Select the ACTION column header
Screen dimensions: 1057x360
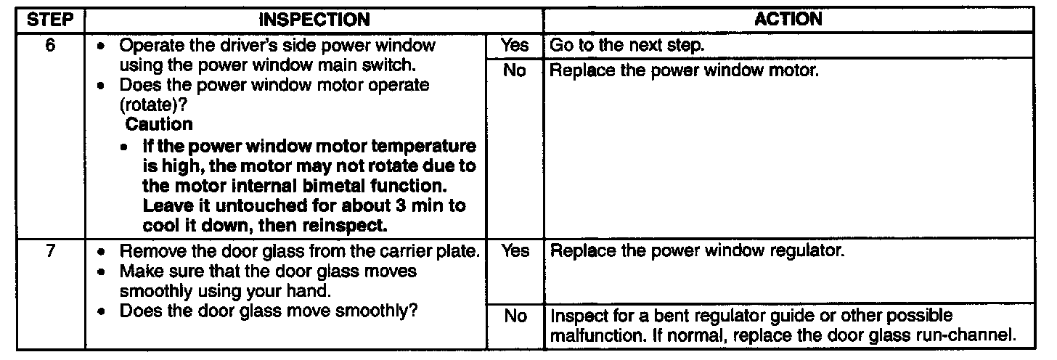coord(788,20)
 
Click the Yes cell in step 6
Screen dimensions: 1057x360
coord(515,45)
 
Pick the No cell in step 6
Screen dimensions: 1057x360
coord(515,72)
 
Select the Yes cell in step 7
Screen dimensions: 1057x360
coord(515,253)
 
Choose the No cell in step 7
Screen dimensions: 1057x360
coord(515,316)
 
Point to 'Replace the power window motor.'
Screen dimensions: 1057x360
coord(685,72)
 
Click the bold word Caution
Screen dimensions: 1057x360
coord(160,125)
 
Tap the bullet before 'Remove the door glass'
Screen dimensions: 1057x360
coord(107,253)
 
